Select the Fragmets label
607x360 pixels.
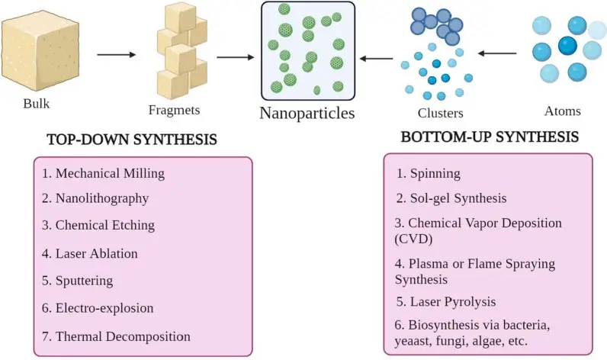pyautogui.click(x=174, y=110)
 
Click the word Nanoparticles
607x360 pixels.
pyautogui.click(x=307, y=114)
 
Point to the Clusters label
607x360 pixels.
pyautogui.click(x=440, y=113)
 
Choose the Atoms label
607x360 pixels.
pyautogui.click(x=562, y=111)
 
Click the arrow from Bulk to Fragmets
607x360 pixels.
pyautogui.click(x=116, y=55)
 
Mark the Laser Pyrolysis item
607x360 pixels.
pyautogui.click(x=446, y=301)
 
